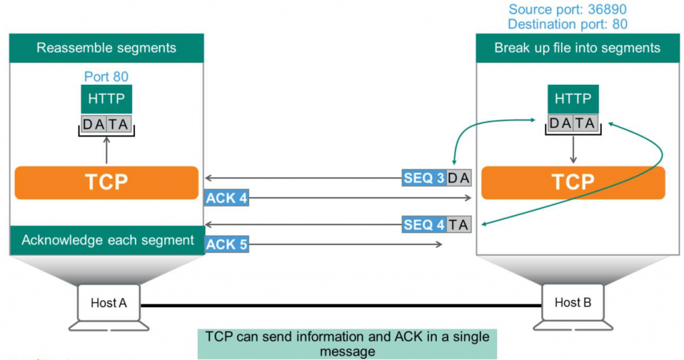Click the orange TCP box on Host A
[x=107, y=182]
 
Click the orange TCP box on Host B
[x=573, y=182]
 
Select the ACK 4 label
[x=226, y=198]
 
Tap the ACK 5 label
[x=226, y=245]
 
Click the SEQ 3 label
[x=423, y=178]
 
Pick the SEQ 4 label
[x=423, y=225]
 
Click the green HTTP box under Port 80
[x=107, y=99]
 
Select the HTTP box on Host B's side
[x=573, y=99]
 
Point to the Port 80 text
[x=106, y=77]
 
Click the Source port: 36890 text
[x=567, y=9]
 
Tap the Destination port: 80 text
[x=567, y=25]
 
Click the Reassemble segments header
[x=107, y=48]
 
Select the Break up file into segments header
[x=577, y=48]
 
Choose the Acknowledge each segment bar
[x=107, y=240]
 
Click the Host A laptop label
[x=108, y=303]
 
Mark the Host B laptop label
[x=572, y=303]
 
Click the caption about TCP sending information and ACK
[x=347, y=343]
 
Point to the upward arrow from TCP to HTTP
[x=107, y=150]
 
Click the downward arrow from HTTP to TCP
[x=573, y=150]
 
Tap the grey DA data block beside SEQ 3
[x=459, y=178]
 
